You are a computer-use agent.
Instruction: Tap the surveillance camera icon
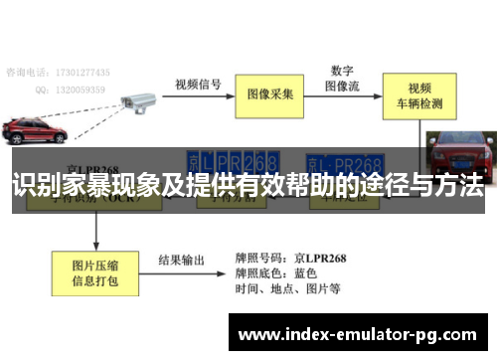pos(137,100)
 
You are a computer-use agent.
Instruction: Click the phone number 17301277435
pos(85,73)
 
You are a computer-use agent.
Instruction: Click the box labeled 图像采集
pos(270,94)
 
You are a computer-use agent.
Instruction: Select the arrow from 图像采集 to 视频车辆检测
pos(349,95)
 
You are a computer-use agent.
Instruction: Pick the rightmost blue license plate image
pos(345,162)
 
